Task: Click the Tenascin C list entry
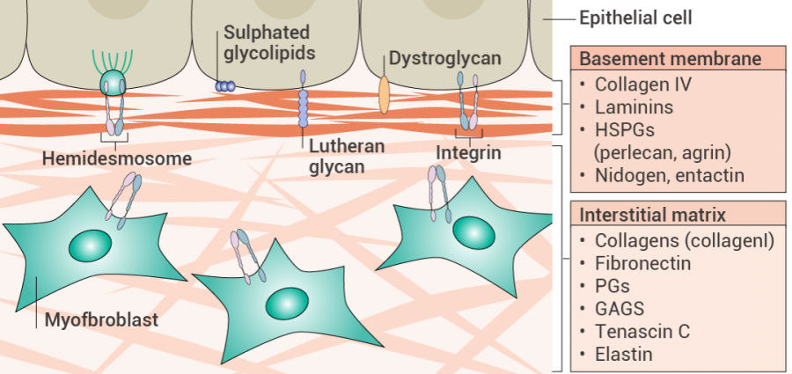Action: (642, 332)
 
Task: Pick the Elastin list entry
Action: (624, 355)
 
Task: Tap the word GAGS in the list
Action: (620, 309)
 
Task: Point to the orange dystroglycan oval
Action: (384, 95)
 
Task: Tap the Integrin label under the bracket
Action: (468, 153)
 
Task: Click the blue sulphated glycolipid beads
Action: (226, 86)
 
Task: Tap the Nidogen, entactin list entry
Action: (670, 176)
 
